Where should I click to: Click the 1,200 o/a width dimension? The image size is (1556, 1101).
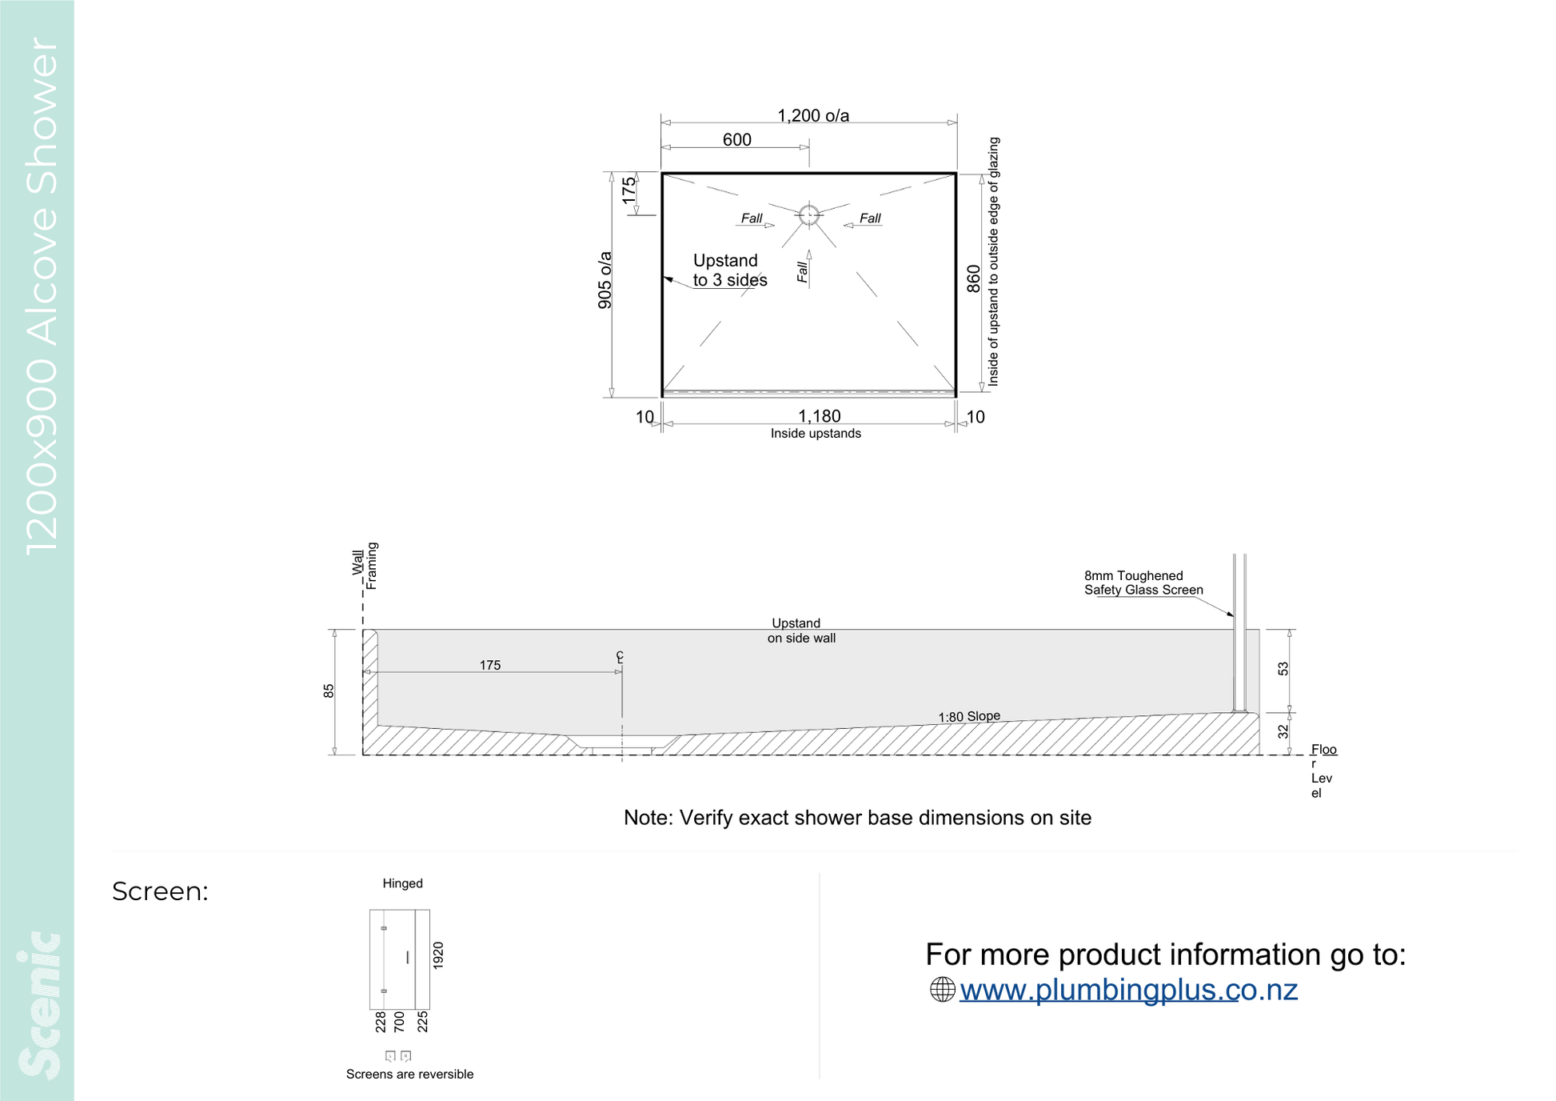813,116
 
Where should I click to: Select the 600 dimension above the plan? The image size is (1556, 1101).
736,140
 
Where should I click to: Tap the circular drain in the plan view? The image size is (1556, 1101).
809,215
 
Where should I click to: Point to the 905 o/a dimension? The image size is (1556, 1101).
605,280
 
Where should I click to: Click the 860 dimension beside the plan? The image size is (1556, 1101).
973,278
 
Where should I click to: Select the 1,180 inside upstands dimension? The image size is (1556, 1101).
820,416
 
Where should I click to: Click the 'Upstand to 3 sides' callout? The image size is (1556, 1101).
730,270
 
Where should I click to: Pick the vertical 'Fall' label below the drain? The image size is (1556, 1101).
803,272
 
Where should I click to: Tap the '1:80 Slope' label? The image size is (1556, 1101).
969,716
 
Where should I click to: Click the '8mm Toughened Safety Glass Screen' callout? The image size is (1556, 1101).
1143,583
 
